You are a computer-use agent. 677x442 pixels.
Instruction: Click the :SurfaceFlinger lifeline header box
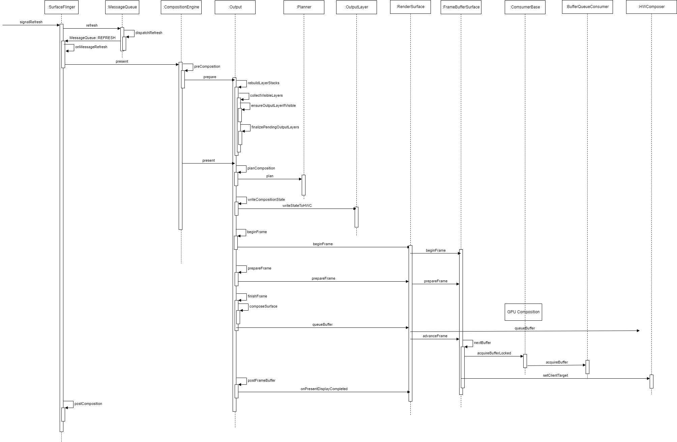[61, 7]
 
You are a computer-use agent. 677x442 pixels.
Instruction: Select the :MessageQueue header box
[122, 7]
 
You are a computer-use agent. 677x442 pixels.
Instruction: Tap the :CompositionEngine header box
[181, 7]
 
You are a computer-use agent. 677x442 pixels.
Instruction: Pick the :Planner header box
[304, 7]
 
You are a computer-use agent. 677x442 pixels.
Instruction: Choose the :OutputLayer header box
[356, 7]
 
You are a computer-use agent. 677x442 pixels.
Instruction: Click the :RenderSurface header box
[410, 7]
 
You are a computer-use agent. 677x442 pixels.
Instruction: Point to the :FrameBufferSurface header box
[461, 7]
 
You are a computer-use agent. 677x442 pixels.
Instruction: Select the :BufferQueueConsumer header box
[587, 7]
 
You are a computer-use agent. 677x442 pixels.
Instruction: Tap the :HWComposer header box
[651, 7]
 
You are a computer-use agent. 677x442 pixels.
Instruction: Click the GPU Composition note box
[523, 312]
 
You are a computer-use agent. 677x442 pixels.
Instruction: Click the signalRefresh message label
[31, 22]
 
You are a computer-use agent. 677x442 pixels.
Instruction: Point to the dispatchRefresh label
[149, 33]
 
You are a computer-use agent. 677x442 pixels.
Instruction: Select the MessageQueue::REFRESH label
[92, 38]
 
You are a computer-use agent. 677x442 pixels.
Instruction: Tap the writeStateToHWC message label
[297, 206]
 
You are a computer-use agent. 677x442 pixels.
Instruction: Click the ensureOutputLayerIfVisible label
[273, 106]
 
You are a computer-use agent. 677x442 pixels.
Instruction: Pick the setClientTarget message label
[555, 375]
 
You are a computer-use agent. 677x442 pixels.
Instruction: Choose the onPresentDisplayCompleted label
[324, 389]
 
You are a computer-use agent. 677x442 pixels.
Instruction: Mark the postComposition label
[88, 404]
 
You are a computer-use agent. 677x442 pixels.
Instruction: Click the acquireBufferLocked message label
[494, 353]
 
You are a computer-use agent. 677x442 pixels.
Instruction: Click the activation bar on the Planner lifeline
[303, 185]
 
